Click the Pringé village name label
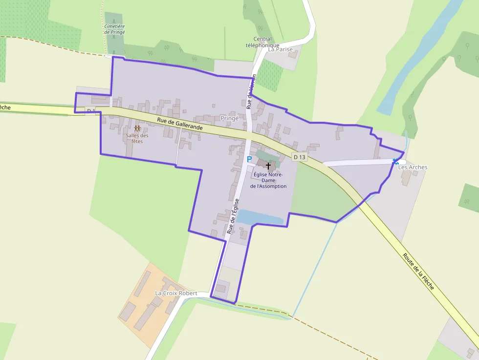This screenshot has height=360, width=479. click(x=229, y=118)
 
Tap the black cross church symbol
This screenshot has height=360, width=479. click(x=268, y=166)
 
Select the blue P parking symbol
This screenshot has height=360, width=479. click(x=249, y=159)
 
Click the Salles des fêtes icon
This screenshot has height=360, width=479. click(x=137, y=128)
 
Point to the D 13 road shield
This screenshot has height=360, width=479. click(x=300, y=157)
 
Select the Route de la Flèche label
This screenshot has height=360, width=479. click(x=418, y=271)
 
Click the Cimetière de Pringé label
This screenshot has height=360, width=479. click(x=114, y=29)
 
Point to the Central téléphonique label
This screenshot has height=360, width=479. click(x=262, y=42)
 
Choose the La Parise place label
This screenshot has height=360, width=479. click(x=280, y=49)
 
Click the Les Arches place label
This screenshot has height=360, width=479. click(x=413, y=167)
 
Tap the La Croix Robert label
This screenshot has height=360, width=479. click(x=176, y=293)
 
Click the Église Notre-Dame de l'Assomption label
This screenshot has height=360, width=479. click(x=268, y=180)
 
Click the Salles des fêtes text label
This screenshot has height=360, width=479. click(x=137, y=138)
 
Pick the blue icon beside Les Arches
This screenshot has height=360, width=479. click(x=396, y=161)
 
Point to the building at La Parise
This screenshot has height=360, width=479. click(x=293, y=54)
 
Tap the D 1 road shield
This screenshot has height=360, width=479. click(x=90, y=111)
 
